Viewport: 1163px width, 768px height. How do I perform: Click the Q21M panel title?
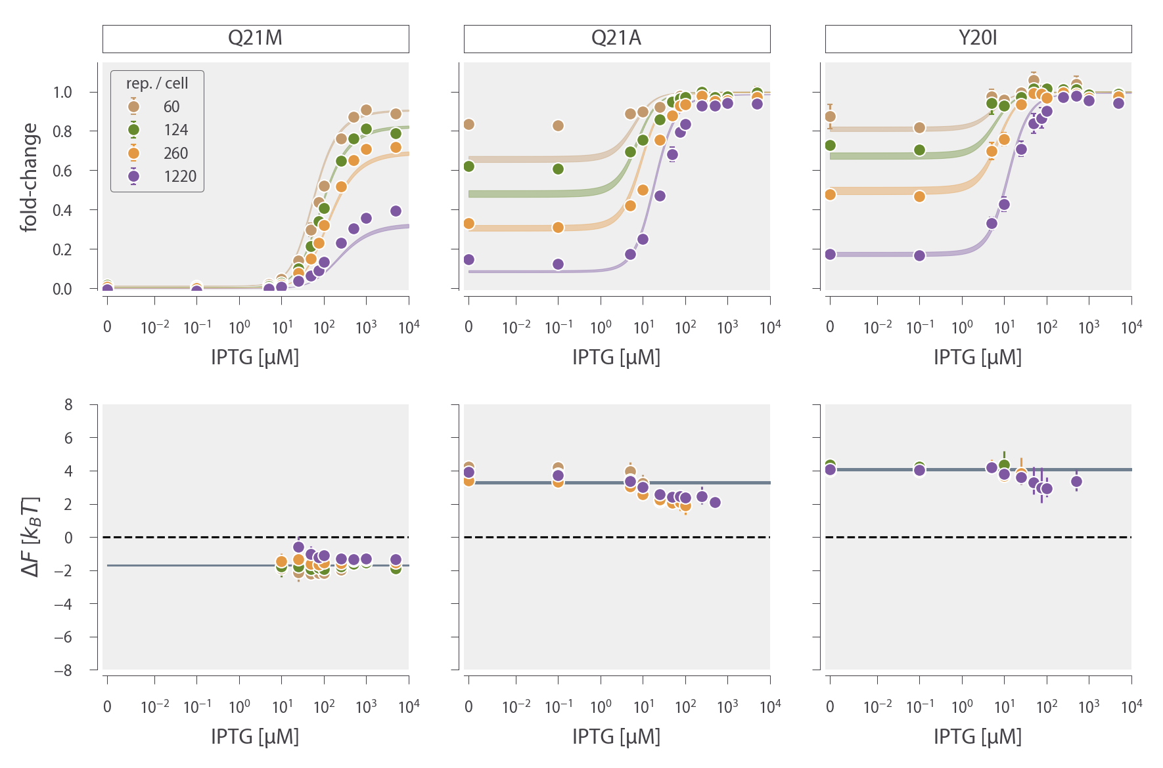pos(255,38)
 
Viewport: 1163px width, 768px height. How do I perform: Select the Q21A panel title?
pos(616,38)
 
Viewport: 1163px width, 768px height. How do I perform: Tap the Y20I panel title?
pos(978,38)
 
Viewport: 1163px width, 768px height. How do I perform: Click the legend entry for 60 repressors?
pos(158,107)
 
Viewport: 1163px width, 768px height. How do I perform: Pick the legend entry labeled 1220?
pos(164,177)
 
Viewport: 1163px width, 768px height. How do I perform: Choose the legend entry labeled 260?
pos(161,154)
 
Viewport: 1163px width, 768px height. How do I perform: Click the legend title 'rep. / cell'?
pos(157,83)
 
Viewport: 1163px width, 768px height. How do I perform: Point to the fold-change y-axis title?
pos(29,177)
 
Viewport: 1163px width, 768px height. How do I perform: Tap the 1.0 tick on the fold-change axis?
pos(62,92)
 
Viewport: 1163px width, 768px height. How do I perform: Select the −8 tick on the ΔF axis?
pos(63,670)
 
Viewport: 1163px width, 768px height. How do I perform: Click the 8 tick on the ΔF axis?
pos(68,404)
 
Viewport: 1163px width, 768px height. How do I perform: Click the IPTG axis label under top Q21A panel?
pos(616,358)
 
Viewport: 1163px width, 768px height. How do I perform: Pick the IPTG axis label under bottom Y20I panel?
pos(978,737)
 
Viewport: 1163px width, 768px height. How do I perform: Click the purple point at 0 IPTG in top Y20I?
pos(830,254)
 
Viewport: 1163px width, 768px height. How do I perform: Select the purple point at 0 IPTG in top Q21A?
pos(468,259)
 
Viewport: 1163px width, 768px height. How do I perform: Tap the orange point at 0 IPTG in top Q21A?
pos(468,224)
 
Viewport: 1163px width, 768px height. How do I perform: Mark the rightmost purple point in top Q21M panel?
pos(396,211)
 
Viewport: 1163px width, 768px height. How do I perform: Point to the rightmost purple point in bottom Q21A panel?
pos(715,502)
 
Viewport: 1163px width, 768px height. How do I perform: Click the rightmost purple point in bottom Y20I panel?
pos(1076,481)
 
